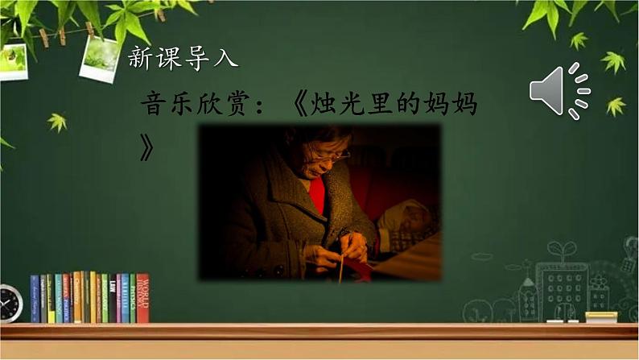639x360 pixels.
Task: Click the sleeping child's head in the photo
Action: tap(414, 217)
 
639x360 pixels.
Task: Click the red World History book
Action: tap(142, 298)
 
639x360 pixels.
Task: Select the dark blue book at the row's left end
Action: tap(35, 299)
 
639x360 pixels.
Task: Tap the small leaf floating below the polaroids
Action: tap(57, 122)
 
